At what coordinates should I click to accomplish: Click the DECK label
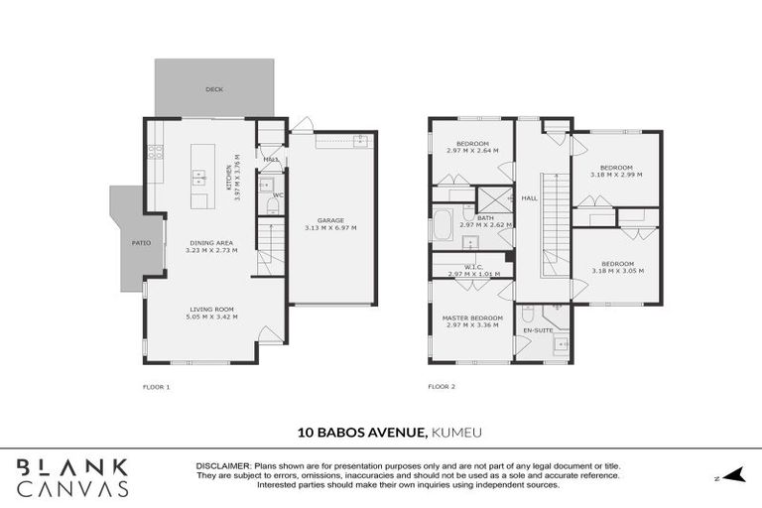(x=214, y=89)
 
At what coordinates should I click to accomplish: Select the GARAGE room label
(x=330, y=220)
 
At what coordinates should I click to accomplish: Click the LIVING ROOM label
(x=214, y=309)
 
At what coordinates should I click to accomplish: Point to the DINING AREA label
(x=211, y=243)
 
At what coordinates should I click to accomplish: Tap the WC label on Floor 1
(x=279, y=195)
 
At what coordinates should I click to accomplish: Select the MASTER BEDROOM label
(x=472, y=317)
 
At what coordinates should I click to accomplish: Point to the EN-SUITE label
(x=538, y=329)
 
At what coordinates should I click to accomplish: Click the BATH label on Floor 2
(x=485, y=217)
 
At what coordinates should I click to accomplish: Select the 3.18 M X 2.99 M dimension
(x=616, y=175)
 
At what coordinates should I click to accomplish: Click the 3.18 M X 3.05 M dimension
(x=616, y=270)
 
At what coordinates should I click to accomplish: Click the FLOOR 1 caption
(x=158, y=386)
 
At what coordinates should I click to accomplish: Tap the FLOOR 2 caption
(x=442, y=386)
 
